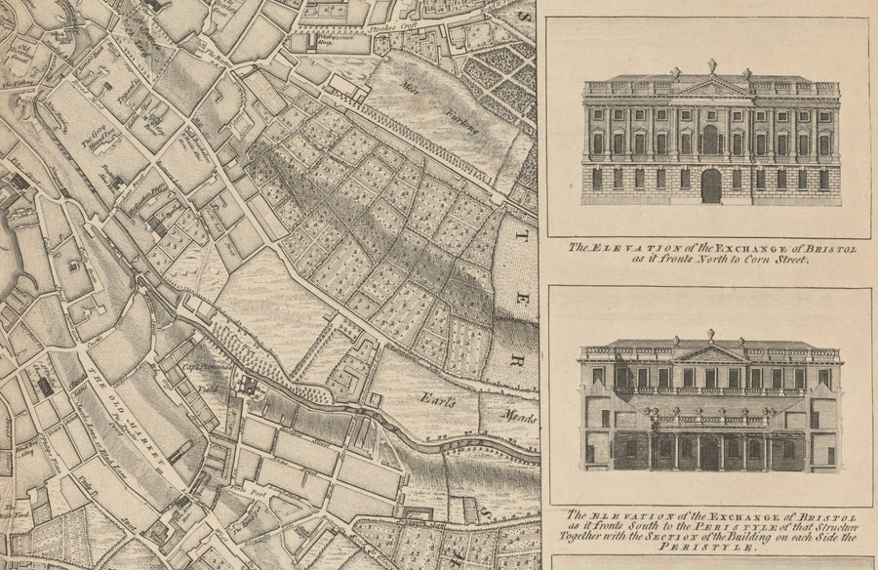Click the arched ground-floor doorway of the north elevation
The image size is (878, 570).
tap(711, 185)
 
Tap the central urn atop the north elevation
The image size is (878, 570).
tap(711, 64)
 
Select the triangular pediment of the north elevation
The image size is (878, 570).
tap(711, 87)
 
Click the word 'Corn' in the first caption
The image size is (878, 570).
tap(743, 262)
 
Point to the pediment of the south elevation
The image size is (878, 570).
tap(711, 353)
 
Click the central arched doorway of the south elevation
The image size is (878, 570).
tap(709, 452)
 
